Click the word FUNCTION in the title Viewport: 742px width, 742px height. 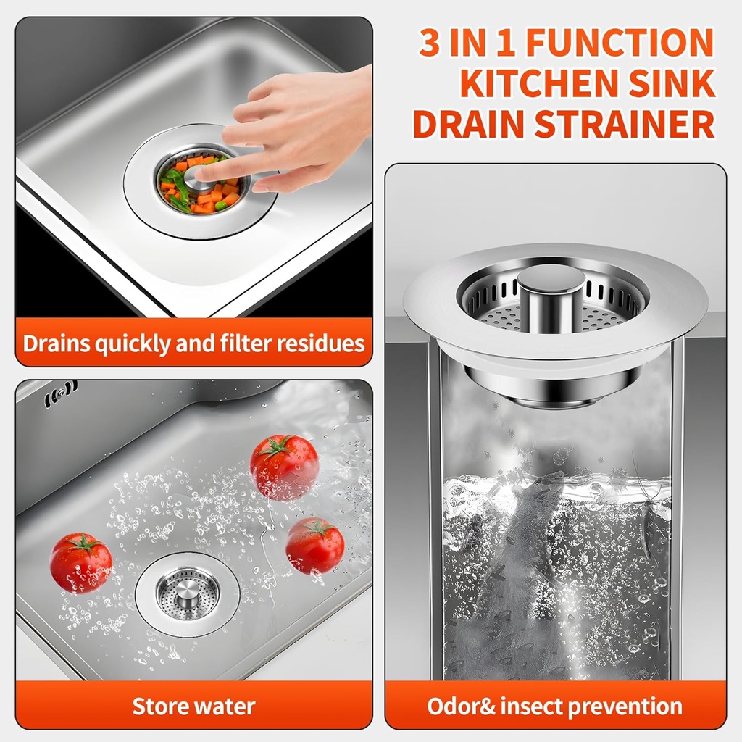[x=620, y=43]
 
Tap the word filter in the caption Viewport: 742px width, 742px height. [x=239, y=343]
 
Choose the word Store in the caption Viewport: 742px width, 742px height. [x=161, y=706]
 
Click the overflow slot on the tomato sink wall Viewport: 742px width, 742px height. [x=61, y=396]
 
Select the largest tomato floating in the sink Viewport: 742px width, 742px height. [x=284, y=466]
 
